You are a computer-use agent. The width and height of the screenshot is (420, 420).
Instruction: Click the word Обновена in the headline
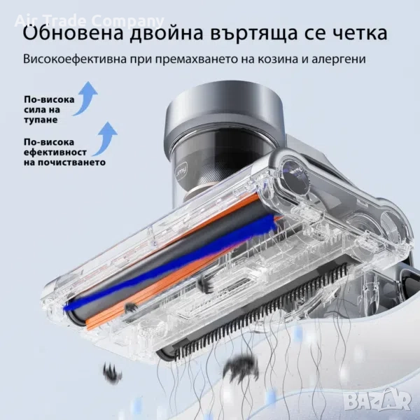(x=73, y=32)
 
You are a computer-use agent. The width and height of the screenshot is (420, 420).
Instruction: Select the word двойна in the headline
(x=166, y=34)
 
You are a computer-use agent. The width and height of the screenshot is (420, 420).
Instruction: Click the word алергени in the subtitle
(x=339, y=59)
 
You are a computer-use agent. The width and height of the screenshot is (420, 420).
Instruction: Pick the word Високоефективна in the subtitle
(x=75, y=59)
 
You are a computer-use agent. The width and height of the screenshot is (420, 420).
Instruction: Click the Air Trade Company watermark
(x=89, y=20)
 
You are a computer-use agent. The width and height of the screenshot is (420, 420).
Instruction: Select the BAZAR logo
(x=377, y=400)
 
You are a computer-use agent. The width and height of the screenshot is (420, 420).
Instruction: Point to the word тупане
(x=41, y=120)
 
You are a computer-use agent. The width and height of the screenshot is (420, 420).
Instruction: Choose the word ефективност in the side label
(x=55, y=152)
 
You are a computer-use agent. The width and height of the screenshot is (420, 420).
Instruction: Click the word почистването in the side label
(x=64, y=162)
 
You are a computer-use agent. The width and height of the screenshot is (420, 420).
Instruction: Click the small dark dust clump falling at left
(x=113, y=372)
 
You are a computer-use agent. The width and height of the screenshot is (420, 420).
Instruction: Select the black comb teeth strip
(x=261, y=311)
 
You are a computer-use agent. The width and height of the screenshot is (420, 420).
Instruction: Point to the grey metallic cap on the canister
(x=224, y=110)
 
